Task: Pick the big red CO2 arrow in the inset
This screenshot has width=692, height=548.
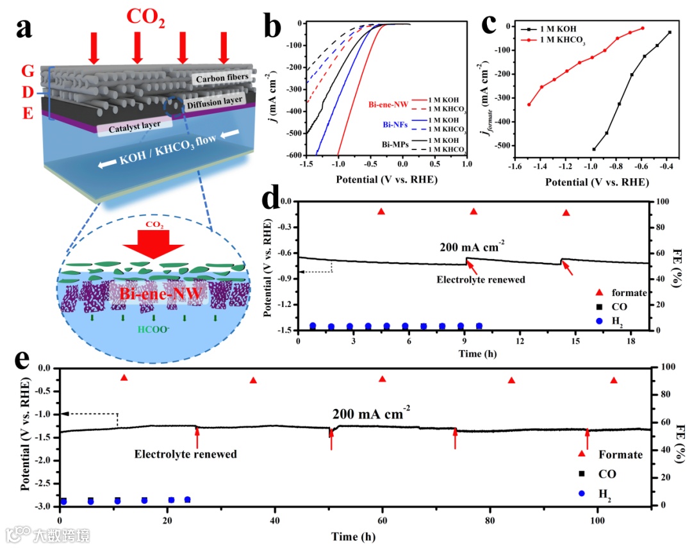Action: click(x=152, y=243)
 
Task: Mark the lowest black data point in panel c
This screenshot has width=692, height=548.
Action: click(x=593, y=149)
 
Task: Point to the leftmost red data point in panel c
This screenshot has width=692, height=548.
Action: click(x=529, y=104)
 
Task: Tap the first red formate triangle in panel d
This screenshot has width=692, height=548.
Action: click(x=381, y=212)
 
